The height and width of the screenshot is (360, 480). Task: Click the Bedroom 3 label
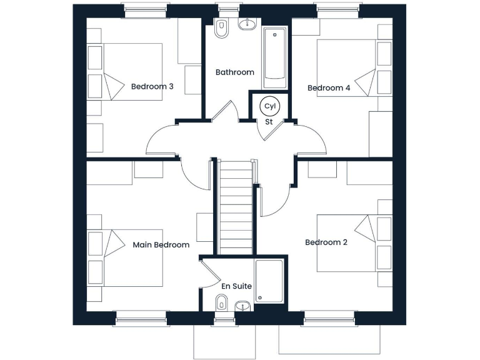pos(152,86)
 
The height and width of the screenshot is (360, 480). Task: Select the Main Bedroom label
pos(161,245)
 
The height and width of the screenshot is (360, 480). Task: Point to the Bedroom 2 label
pos(326,242)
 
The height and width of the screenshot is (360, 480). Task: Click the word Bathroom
pos(234,72)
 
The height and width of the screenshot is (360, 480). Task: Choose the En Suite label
pos(236,286)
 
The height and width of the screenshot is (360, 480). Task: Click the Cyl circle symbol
pos(269,106)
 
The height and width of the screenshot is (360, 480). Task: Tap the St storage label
pos(269,122)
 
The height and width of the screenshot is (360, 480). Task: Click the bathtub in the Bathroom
pos(274,57)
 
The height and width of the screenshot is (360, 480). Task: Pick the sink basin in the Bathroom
pos(248,25)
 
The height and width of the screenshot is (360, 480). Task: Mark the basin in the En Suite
pos(242,306)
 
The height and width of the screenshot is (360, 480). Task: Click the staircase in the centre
pos(236,206)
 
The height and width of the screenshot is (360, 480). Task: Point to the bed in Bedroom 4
pos(346,68)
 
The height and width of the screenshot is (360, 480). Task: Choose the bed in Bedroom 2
pos(346,243)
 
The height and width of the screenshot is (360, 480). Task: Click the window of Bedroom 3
pos(145,11)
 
